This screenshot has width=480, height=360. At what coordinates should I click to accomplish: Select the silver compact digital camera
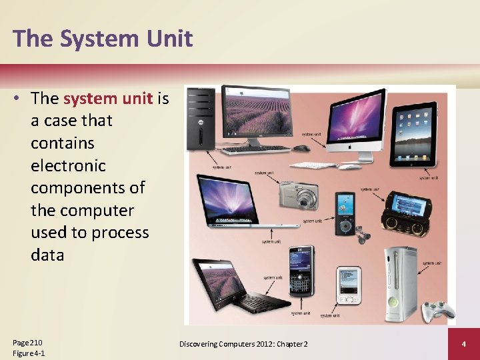point(299,195)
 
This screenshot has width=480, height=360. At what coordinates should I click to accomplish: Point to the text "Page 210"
point(27,342)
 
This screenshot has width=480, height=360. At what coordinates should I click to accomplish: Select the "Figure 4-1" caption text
point(29,353)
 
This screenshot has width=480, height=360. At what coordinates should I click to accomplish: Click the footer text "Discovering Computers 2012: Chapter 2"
point(243,344)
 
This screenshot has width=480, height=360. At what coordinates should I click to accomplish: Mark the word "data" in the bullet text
point(47,255)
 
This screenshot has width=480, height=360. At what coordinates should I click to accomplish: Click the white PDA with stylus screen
point(348,283)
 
